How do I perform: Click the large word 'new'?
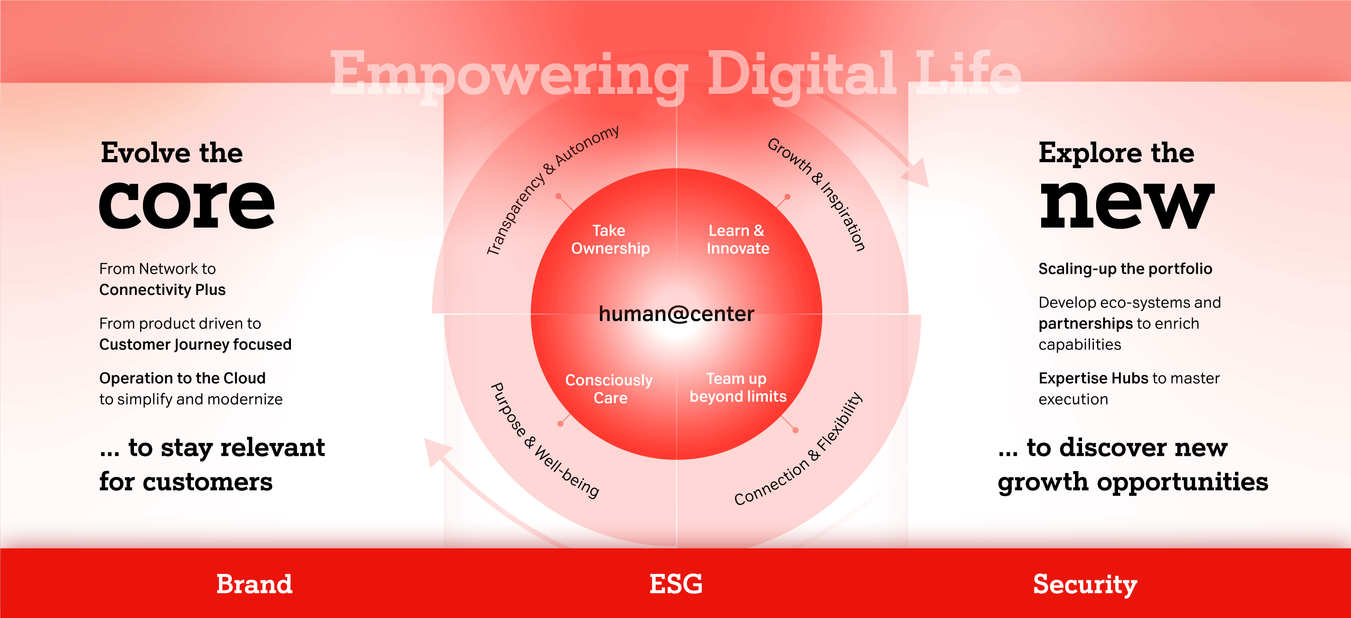(1127, 205)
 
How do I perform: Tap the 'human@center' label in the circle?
(676, 314)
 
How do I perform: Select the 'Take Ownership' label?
(610, 239)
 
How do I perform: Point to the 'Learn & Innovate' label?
(737, 239)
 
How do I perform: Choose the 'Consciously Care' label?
(609, 389)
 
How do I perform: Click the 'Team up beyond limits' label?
(738, 387)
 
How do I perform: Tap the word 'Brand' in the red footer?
(254, 584)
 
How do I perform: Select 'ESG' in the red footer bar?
(675, 584)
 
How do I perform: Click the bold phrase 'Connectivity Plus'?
(163, 290)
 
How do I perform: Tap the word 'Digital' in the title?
(803, 74)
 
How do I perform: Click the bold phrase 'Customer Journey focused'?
(195, 345)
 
